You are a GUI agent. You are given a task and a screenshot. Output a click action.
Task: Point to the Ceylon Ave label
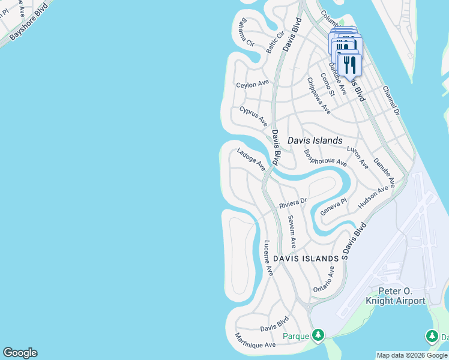coord(252,85)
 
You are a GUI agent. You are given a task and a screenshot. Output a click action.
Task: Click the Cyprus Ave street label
coord(253,116)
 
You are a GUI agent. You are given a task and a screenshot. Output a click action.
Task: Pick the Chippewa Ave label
coord(319,95)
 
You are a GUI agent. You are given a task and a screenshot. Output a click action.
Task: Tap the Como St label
coord(327,85)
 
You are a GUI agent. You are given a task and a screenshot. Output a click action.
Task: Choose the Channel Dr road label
coord(390,100)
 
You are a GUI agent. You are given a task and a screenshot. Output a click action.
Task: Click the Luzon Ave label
coord(358,157)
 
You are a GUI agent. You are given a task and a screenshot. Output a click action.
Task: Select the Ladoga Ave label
coord(251,160)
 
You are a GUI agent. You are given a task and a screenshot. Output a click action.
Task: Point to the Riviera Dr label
coord(293,203)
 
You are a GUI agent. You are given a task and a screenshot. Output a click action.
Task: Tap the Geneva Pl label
coord(334,208)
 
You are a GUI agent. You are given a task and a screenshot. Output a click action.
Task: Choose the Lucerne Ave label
coord(268,258)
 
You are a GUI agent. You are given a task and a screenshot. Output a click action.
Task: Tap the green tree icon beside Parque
coord(320,335)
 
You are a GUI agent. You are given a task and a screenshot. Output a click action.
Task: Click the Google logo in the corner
coord(20,353)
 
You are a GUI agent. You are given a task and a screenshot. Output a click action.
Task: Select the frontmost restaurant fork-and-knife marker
coord(349,64)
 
